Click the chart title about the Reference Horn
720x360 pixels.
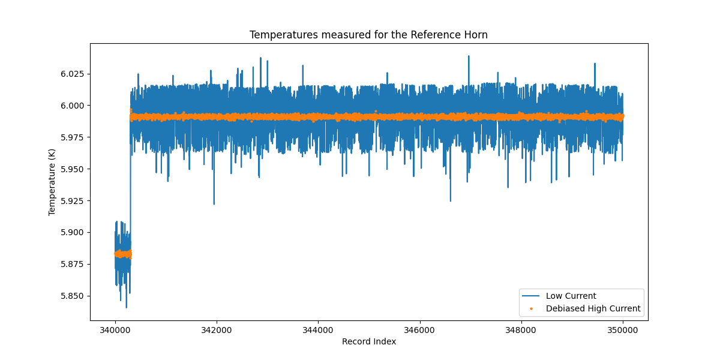(368, 35)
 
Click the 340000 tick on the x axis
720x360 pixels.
(115, 330)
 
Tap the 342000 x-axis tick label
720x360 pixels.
(217, 330)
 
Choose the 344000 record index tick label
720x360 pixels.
(318, 330)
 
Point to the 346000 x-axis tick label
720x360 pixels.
(419, 330)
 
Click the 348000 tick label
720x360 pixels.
(521, 330)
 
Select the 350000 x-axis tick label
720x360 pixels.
(622, 330)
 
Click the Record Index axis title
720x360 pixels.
(368, 342)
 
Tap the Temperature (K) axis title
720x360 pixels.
(52, 182)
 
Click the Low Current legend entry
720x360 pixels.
(571, 296)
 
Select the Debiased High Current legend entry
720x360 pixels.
(593, 309)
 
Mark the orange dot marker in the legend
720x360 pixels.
(531, 309)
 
